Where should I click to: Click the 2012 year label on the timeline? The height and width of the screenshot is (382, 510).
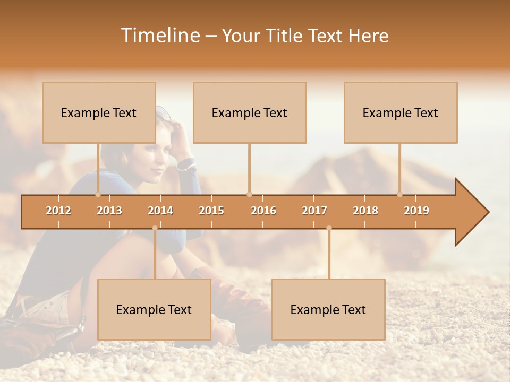(x=58, y=211)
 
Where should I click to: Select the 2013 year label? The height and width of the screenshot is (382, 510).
(x=109, y=211)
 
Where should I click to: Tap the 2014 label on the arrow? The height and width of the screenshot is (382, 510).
(x=160, y=211)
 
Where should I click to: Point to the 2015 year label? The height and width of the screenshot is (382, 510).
(x=211, y=211)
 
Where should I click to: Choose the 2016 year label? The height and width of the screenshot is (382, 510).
(x=263, y=211)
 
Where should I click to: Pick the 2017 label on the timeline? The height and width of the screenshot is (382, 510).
(x=314, y=211)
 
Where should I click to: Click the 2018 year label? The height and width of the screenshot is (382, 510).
(x=365, y=211)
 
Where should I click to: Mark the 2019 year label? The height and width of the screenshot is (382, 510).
(x=416, y=211)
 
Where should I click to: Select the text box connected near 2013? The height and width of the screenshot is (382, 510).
(x=99, y=112)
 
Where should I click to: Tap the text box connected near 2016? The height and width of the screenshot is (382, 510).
(x=250, y=112)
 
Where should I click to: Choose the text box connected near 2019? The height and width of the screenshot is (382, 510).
(x=401, y=112)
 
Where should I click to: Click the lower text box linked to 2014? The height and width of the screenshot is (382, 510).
(x=154, y=309)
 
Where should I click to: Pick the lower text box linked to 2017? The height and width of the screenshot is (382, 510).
(x=328, y=309)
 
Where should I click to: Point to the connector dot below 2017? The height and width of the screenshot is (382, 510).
(x=329, y=228)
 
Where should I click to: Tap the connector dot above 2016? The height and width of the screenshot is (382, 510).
(x=249, y=194)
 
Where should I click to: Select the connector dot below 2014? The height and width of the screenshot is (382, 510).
(x=155, y=228)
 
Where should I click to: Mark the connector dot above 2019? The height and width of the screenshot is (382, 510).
(x=400, y=194)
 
